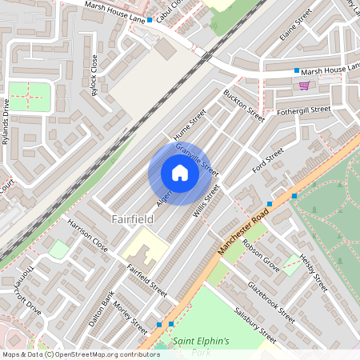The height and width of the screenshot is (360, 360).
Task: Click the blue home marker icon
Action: point(179,173)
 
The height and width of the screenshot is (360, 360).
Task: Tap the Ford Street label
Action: point(268,163)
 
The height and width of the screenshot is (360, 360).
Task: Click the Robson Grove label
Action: point(261,254)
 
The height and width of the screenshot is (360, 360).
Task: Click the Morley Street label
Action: point(130,318)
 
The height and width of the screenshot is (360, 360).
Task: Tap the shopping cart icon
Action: point(304,85)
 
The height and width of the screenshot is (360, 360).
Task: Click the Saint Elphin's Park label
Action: point(202,346)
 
